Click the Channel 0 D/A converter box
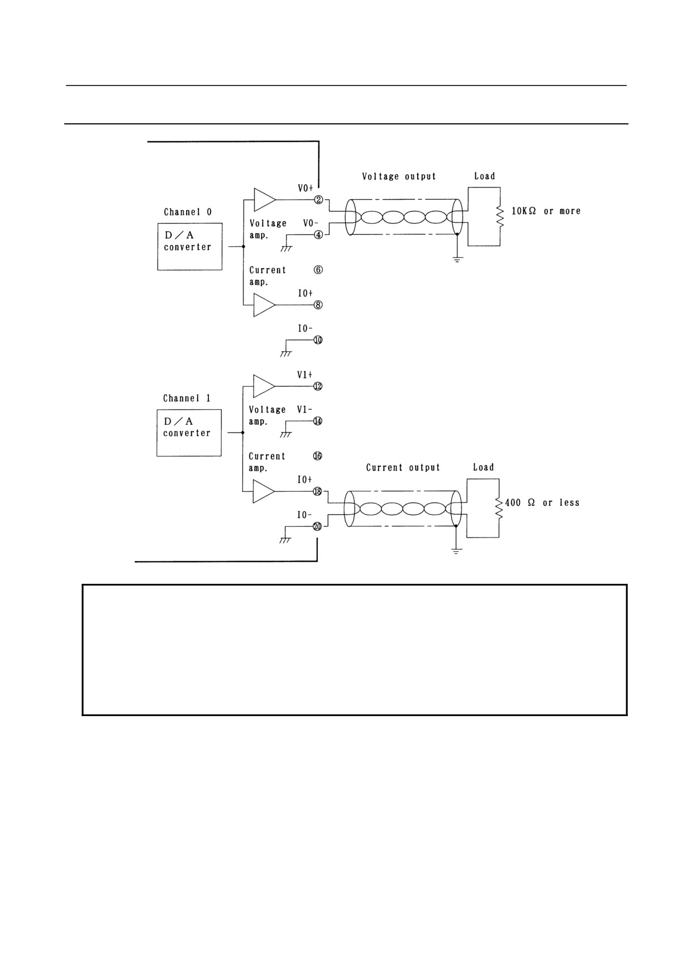[190, 247]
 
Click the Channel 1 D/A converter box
[189, 433]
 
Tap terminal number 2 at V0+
[319, 200]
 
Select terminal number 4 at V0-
[318, 235]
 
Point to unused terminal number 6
[318, 270]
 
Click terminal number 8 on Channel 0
[318, 305]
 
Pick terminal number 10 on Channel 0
[318, 340]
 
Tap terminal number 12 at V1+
[318, 386]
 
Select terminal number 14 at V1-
[318, 421]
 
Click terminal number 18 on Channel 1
[317, 491]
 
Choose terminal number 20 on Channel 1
[317, 526]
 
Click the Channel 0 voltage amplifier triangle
[265, 199]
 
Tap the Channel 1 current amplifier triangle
[264, 491]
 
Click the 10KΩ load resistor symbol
[500, 216]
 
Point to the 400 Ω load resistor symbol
[499, 508]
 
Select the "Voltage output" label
[399, 176]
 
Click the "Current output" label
[403, 468]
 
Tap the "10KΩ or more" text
[546, 211]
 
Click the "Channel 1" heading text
[187, 399]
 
